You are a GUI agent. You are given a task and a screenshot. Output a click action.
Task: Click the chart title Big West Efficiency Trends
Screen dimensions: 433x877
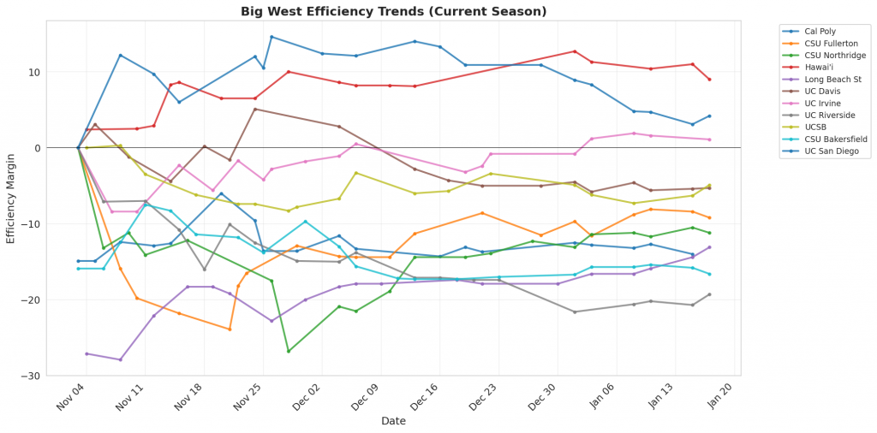click(394, 11)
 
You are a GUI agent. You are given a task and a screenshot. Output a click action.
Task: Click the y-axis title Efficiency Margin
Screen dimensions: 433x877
click(11, 198)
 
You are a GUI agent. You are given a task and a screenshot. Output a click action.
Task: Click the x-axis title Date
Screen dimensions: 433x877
click(394, 421)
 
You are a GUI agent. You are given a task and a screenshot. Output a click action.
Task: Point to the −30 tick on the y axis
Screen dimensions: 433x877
click(59, 376)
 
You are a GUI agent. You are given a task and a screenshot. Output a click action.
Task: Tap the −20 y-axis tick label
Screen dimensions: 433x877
click(59, 300)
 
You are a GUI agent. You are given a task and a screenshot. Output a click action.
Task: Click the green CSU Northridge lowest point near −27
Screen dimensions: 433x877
click(289, 351)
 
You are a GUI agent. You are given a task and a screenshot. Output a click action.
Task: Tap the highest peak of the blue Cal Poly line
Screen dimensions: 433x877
click(271, 37)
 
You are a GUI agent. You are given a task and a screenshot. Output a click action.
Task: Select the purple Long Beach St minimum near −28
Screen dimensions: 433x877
click(120, 359)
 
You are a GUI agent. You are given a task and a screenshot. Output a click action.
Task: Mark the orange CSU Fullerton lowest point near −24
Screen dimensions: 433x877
click(230, 329)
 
